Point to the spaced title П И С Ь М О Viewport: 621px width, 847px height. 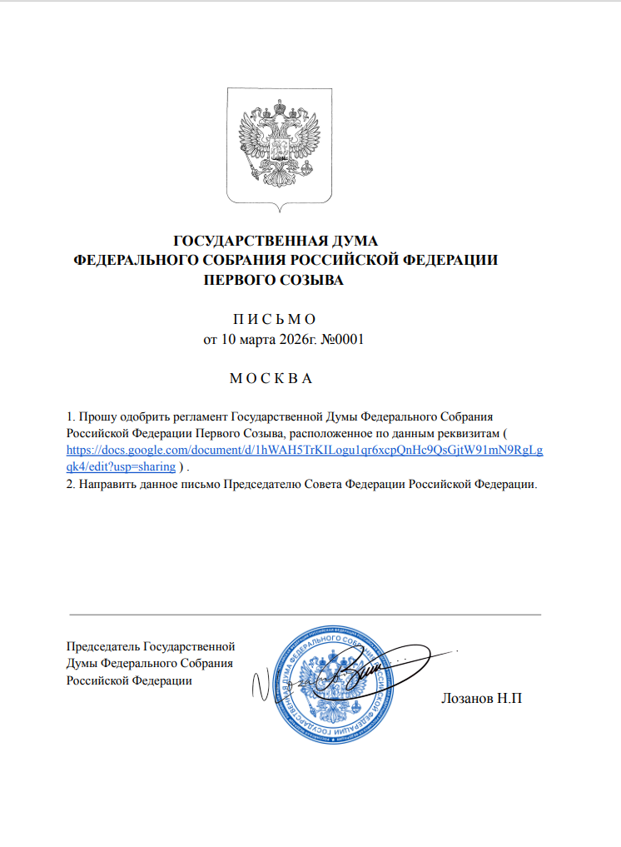pos(273,320)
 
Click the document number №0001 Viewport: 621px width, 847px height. pos(342,340)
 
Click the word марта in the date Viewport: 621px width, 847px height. pos(249,340)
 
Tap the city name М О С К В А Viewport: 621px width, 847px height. pos(270,379)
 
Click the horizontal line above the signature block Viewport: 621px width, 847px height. pos(304,615)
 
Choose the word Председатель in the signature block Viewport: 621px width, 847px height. pos(103,645)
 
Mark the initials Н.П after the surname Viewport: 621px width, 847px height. pos(509,697)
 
